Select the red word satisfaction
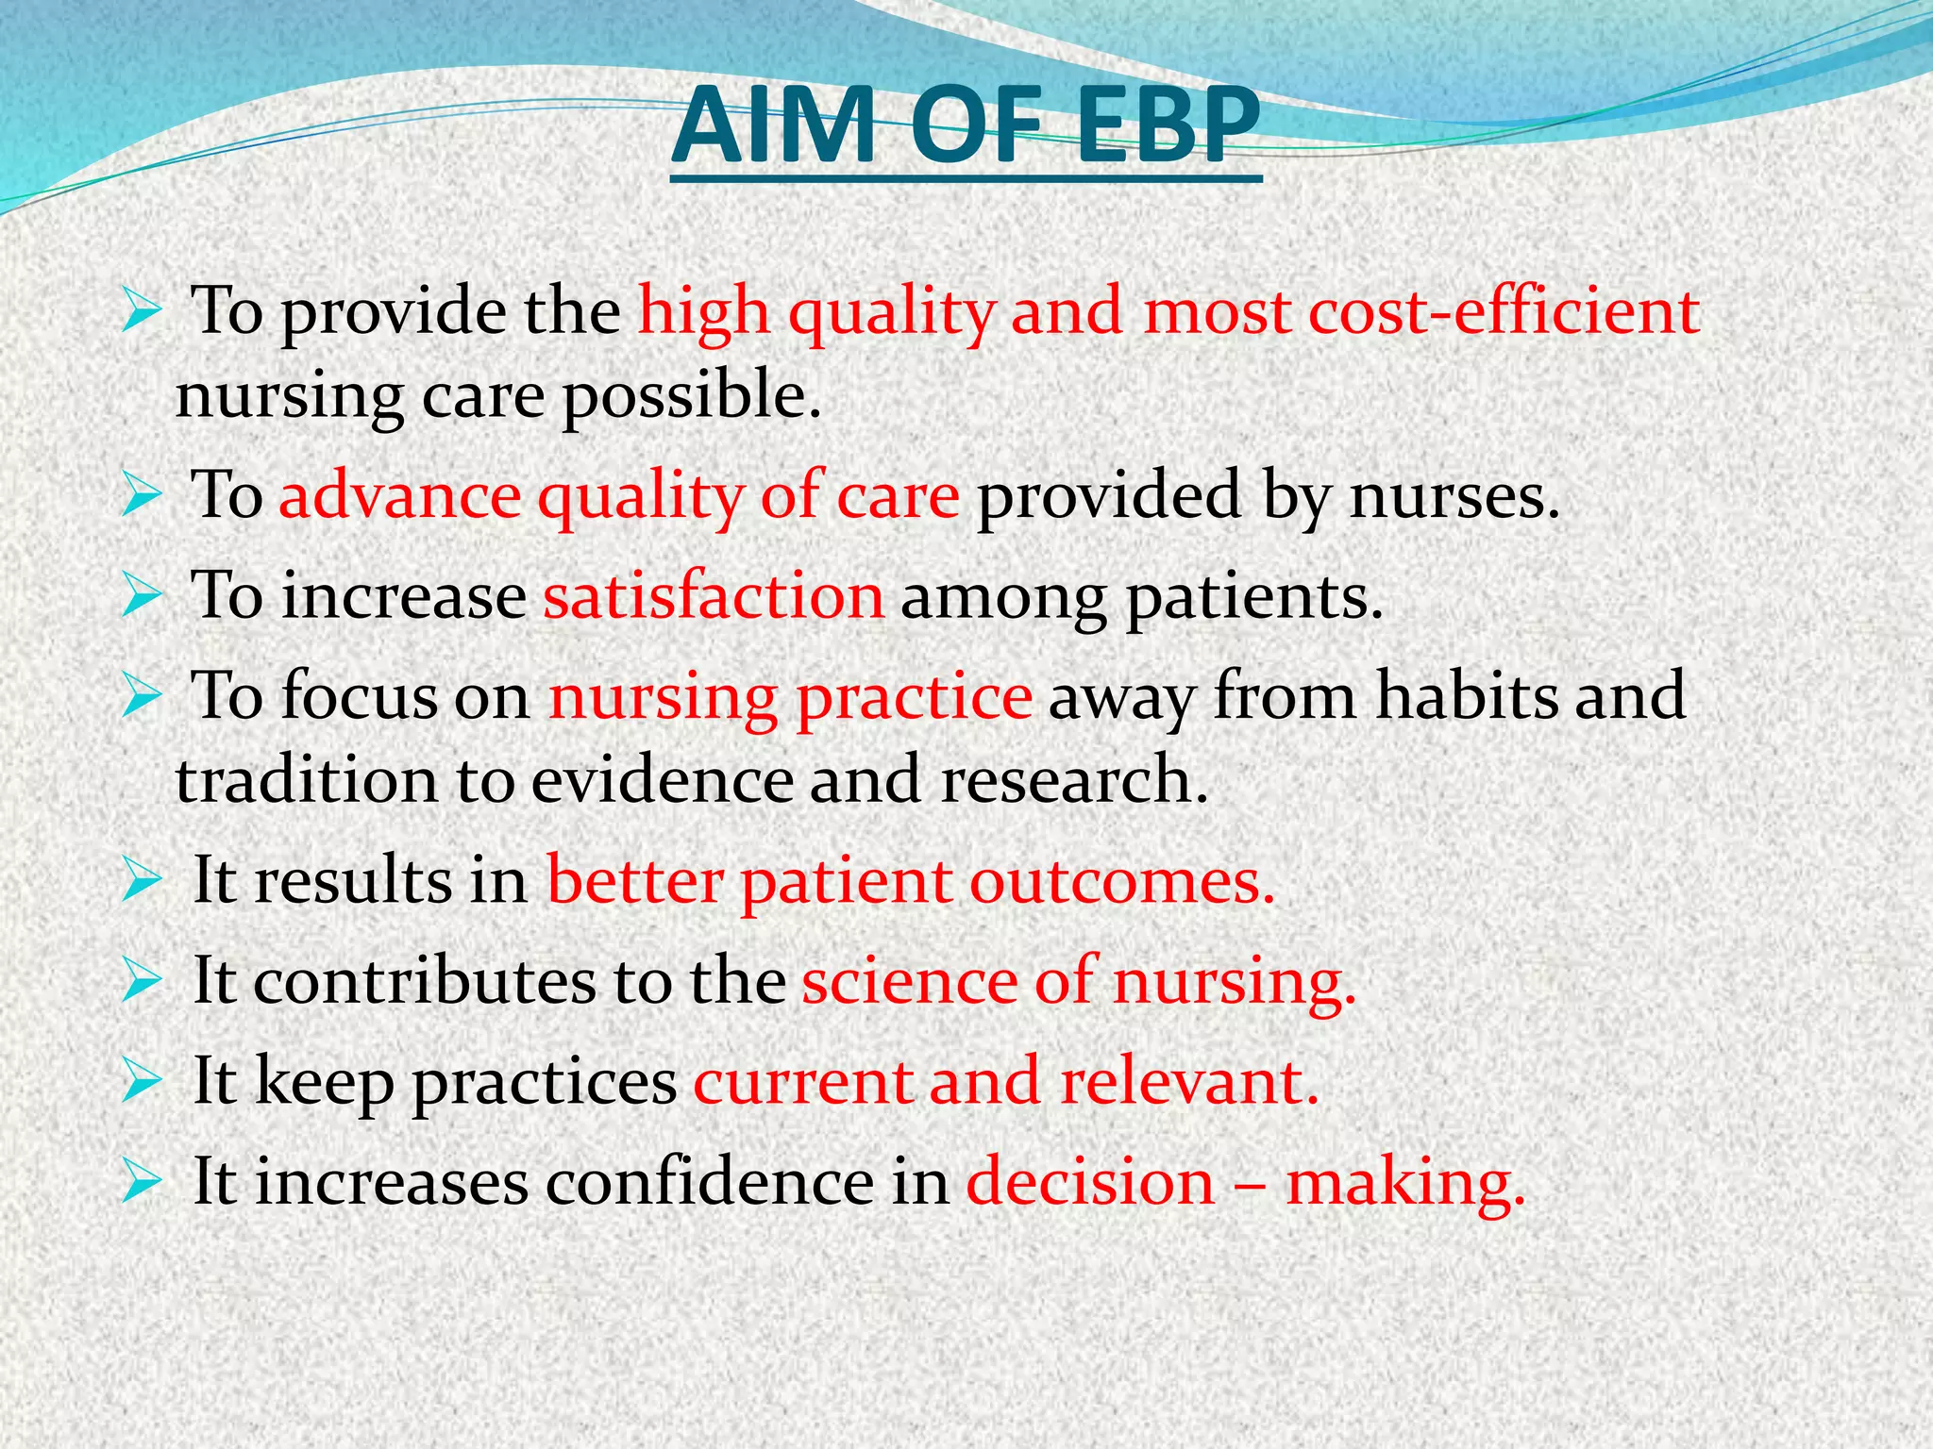[714, 596]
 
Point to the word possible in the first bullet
[691, 396]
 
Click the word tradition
[306, 781]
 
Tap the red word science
[909, 981]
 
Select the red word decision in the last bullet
[1090, 1181]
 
